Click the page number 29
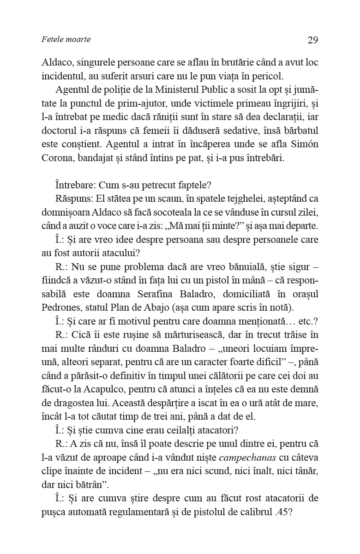pyautogui.click(x=312, y=40)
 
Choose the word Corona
pyautogui.click(x=57, y=158)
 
